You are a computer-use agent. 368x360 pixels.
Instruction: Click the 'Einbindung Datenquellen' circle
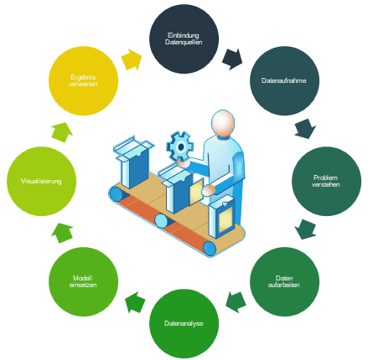coord(184,39)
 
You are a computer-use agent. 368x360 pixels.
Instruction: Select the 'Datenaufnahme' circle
coord(284,80)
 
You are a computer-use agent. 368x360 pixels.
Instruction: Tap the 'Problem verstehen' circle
coord(326,181)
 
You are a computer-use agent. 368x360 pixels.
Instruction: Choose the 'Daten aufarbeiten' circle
coord(284,281)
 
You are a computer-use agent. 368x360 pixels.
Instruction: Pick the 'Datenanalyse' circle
coord(184,323)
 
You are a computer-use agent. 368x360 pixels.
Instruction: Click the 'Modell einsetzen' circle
coord(83,281)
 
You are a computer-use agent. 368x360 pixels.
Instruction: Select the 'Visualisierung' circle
coord(41,181)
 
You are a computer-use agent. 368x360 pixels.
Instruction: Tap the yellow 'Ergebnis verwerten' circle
coord(83,80)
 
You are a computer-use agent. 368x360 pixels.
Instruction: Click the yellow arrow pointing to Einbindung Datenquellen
coord(132,59)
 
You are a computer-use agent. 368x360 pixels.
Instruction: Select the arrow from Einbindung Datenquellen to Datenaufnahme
coord(232,59)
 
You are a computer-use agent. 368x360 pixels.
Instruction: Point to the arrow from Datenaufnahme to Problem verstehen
coord(305,129)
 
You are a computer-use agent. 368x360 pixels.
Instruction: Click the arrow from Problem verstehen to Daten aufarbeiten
coord(305,229)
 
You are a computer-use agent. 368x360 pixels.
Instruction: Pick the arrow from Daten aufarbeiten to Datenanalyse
coord(236,302)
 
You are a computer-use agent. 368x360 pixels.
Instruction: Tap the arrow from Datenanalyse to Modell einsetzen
coord(135,302)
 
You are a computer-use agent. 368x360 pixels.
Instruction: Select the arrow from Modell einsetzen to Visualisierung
coord(62,233)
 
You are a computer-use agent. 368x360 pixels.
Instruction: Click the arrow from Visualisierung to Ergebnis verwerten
coord(62,132)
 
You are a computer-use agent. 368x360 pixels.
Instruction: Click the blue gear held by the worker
coord(180,147)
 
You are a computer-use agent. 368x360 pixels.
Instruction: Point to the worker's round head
coord(223,123)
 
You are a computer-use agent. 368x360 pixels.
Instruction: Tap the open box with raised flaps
coord(133,162)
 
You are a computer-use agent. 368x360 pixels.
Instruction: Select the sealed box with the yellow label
coord(222,217)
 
